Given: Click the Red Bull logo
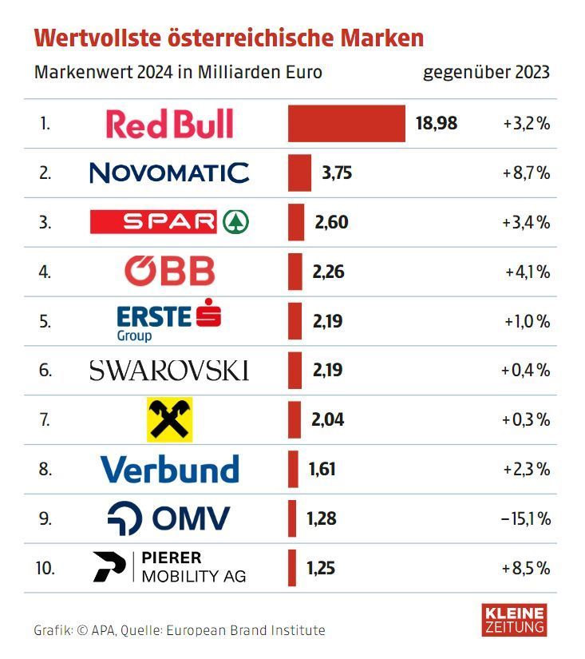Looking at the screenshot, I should (169, 124).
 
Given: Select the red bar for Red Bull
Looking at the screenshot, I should (346, 124).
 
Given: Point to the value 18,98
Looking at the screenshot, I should (436, 124).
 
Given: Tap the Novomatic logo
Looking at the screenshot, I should (169, 173).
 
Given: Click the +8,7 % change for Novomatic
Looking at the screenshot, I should (526, 173).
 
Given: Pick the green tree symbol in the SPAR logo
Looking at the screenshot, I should (235, 222).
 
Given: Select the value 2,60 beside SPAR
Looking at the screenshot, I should (331, 222).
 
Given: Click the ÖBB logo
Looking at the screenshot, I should (169, 272).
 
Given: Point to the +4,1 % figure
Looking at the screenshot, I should (528, 272).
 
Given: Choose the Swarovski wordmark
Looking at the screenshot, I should (169, 371).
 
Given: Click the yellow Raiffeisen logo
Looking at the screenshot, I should (169, 419).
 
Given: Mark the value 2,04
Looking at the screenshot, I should (328, 419).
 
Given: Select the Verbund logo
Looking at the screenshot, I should (169, 469).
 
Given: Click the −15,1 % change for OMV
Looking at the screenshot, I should (526, 518).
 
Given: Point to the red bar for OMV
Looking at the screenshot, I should (292, 518).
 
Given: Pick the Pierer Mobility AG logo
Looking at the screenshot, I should (169, 566).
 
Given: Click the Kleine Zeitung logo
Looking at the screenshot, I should (515, 621).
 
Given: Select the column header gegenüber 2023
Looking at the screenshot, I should (486, 72).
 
